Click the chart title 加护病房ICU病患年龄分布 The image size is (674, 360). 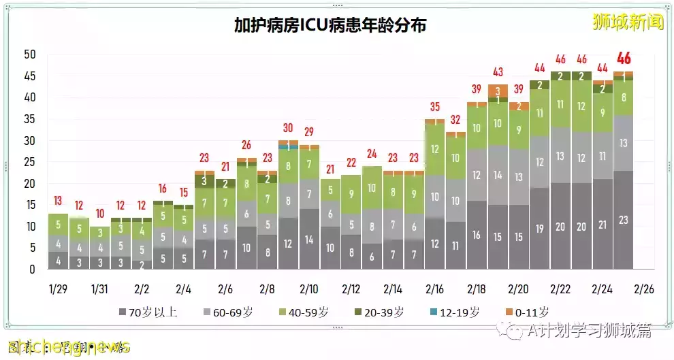[x=331, y=26]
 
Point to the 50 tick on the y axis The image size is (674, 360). [x=29, y=54]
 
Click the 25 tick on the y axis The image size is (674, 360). [x=29, y=162]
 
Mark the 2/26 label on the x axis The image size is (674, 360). [x=644, y=289]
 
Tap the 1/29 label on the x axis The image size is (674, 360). [x=58, y=289]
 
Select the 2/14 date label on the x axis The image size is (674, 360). [x=393, y=289]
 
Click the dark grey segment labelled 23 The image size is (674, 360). [x=623, y=220]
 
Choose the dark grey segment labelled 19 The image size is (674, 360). [x=539, y=229]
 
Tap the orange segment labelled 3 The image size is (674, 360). [x=498, y=91]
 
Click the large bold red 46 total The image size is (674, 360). [x=623, y=58]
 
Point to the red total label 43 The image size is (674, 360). [x=498, y=72]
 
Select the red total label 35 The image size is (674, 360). [x=434, y=107]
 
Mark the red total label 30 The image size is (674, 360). [x=288, y=128]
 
